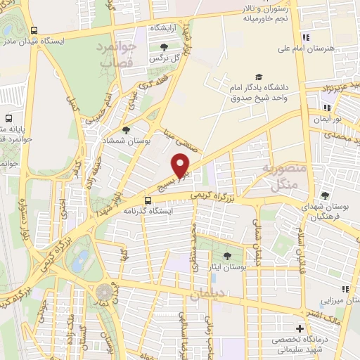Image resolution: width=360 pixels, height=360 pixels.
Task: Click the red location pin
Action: pos(181,165)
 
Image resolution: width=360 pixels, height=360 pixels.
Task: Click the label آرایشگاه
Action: pos(164,27)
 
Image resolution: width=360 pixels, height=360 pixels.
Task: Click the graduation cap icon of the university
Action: pos(259,77)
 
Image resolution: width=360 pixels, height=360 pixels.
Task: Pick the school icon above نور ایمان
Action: pos(326,108)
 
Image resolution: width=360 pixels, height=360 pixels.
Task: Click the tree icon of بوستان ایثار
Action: pos(226,256)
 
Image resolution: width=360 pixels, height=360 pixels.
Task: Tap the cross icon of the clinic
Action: pos(300,329)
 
